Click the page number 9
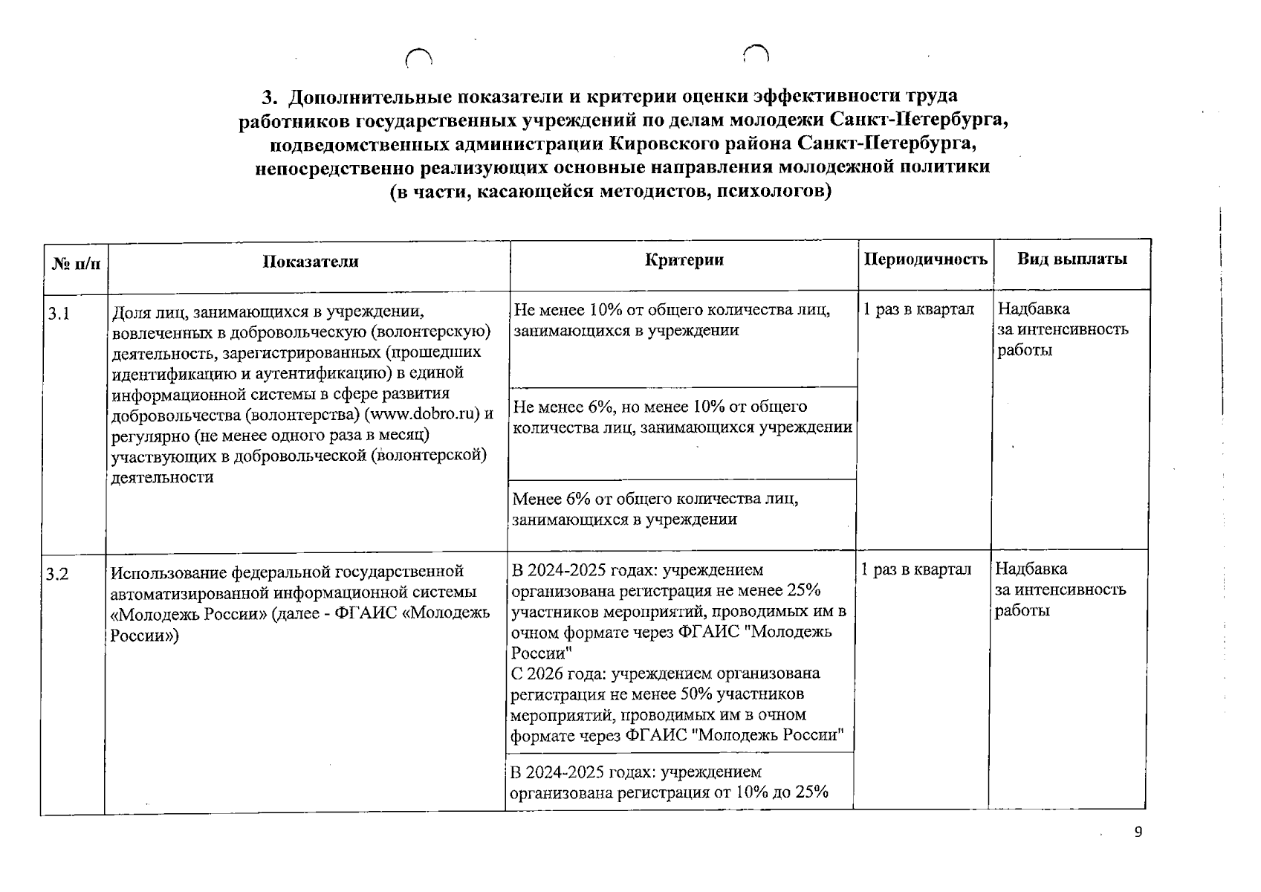(1138, 832)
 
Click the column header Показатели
(310, 262)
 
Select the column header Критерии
(684, 259)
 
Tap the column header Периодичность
(925, 259)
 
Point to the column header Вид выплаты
(1072, 259)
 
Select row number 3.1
(59, 314)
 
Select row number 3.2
(57, 574)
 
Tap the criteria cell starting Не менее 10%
(672, 320)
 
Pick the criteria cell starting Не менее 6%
(681, 417)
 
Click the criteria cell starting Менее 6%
(655, 508)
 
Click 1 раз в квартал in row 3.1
(918, 309)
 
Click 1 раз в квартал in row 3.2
(916, 569)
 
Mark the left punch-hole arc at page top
(418, 58)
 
